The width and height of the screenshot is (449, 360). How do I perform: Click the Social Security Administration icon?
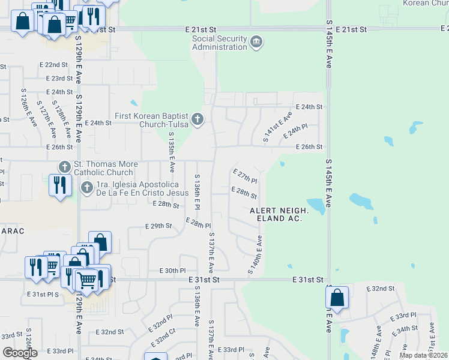pos(256,42)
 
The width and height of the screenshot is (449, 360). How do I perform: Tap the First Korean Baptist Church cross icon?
pos(197,119)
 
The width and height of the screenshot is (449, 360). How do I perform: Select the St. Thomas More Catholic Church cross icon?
pos(65,166)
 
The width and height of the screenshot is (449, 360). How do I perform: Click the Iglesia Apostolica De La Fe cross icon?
pos(86,188)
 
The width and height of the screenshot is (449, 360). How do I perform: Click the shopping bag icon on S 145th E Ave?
pos(337,298)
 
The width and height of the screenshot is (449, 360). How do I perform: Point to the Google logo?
pos(20,353)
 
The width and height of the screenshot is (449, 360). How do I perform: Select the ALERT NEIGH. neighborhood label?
pos(279,211)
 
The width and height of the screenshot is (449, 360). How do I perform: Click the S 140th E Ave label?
pos(255,256)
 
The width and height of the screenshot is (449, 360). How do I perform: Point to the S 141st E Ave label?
pos(278,127)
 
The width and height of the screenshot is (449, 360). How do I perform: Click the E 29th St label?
pos(158,226)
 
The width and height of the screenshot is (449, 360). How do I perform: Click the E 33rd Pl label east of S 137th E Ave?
pos(231,349)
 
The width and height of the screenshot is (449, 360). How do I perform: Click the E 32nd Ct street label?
pos(163,340)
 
